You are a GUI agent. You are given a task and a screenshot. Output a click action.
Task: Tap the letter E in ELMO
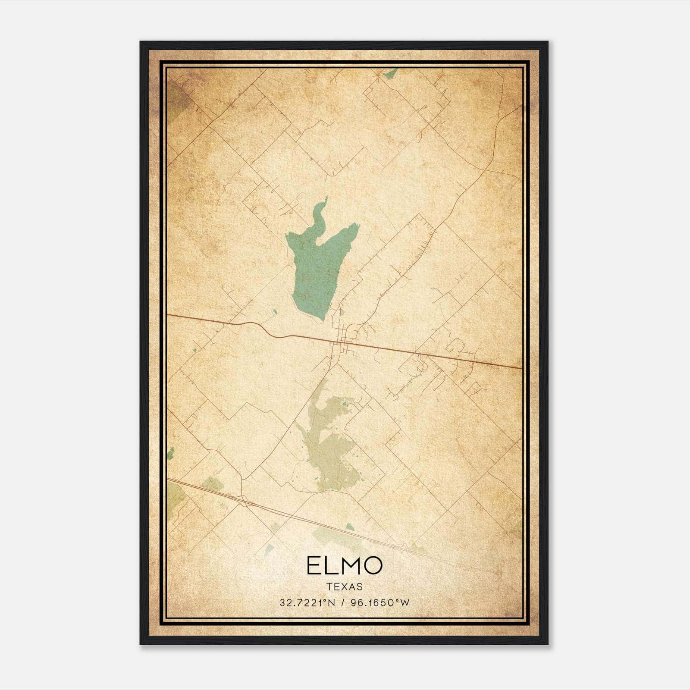[x=314, y=566]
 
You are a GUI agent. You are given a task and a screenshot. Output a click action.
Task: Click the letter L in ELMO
[x=329, y=566]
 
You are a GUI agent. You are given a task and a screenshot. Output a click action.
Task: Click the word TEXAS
[x=345, y=586]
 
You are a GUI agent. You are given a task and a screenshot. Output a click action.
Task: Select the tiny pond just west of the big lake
[x=275, y=310]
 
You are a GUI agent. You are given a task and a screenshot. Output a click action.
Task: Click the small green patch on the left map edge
[x=170, y=453]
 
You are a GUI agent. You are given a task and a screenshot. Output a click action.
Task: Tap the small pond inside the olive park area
[x=344, y=404]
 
